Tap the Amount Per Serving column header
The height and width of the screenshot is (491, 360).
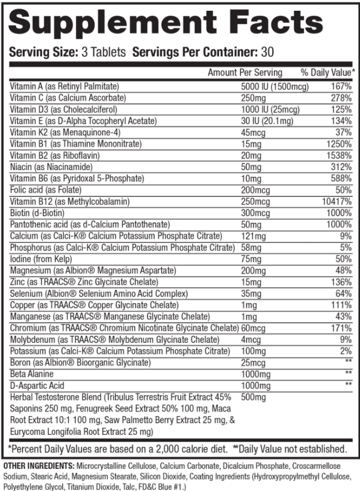[x=245, y=73]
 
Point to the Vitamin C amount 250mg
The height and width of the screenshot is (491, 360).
[x=253, y=98]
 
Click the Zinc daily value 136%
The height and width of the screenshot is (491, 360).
[x=341, y=282]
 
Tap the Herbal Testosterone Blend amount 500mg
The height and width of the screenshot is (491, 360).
[x=253, y=397]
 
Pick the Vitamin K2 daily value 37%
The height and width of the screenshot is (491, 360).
[x=343, y=132]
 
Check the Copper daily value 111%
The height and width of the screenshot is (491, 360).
[x=341, y=304]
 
